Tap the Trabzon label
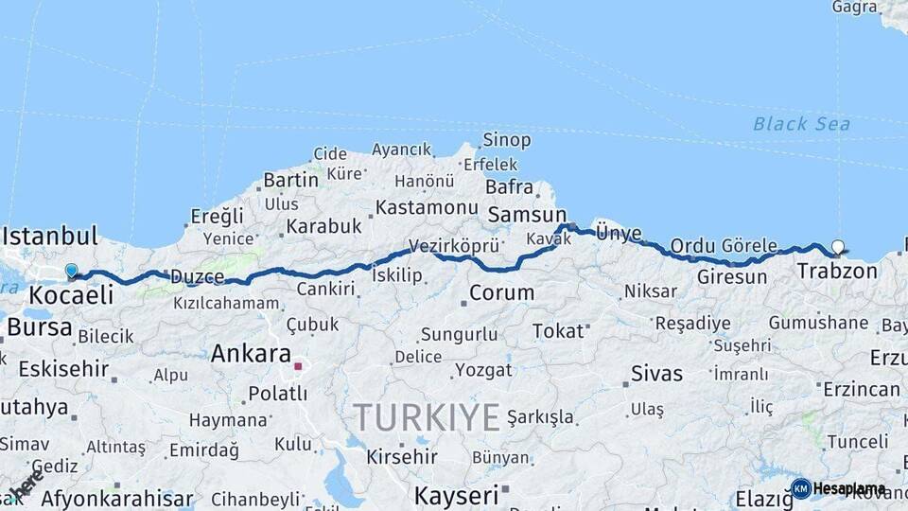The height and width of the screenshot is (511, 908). [836, 272]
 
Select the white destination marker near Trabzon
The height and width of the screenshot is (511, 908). [837, 248]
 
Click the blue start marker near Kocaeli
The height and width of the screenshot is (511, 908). [71, 272]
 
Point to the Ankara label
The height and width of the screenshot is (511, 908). [251, 354]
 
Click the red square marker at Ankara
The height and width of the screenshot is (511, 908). [298, 366]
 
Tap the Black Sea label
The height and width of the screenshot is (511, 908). [801, 124]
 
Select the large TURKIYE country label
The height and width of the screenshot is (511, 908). [427, 416]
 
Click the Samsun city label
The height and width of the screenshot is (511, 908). [527, 215]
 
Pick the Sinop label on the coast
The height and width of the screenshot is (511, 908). [506, 140]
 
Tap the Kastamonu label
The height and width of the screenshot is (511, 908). [426, 206]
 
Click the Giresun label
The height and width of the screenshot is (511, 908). [732, 277]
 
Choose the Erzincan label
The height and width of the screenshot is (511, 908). [861, 389]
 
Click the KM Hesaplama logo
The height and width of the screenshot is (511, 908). [838, 488]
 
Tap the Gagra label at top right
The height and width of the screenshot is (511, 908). [854, 8]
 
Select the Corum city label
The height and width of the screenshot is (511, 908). [501, 292]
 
